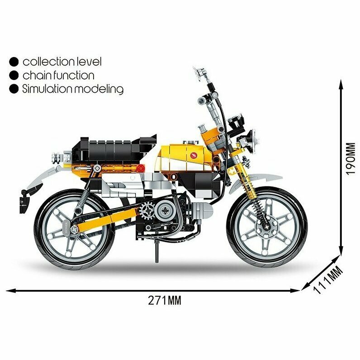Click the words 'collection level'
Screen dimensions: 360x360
62,62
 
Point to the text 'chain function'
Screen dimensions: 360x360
58,75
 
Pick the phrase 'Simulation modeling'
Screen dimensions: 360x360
73,89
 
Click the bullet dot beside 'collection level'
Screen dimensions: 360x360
14,62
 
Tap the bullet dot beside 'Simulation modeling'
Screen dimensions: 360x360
14,89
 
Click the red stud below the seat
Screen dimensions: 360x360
140,169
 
